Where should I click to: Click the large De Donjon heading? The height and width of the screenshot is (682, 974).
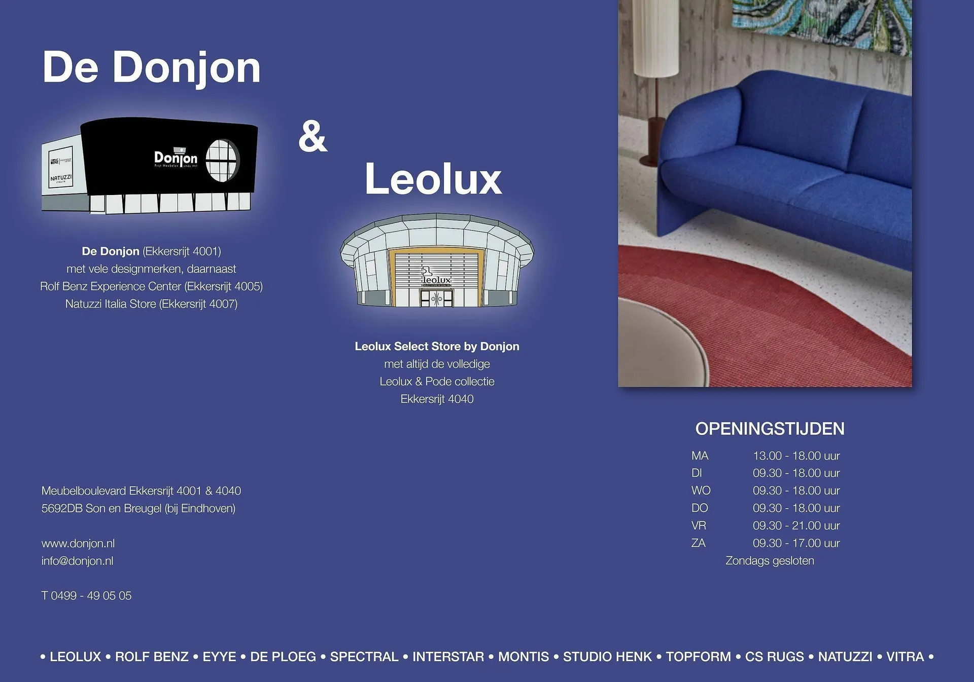click(152, 67)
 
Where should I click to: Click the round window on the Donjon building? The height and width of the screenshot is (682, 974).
click(222, 160)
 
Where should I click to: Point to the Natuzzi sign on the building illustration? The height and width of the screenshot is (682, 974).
click(60, 178)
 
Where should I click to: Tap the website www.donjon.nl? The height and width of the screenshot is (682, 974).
click(78, 543)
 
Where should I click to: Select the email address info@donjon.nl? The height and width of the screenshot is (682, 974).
click(78, 561)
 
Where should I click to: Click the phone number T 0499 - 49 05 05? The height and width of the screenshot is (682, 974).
click(86, 595)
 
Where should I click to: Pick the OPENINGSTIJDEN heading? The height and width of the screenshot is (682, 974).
click(770, 429)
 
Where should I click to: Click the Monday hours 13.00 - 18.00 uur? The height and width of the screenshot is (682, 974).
click(796, 456)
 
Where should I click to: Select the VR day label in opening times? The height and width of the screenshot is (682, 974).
click(699, 525)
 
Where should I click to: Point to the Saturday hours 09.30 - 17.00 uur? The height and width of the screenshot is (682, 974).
click(796, 543)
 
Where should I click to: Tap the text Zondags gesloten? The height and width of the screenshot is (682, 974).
click(770, 561)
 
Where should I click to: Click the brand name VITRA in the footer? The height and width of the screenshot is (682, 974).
click(905, 657)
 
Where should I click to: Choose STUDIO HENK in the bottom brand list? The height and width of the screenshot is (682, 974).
click(607, 657)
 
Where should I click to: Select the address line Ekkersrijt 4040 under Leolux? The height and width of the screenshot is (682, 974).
click(437, 399)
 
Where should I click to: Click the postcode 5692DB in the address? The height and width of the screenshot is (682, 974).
click(62, 508)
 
